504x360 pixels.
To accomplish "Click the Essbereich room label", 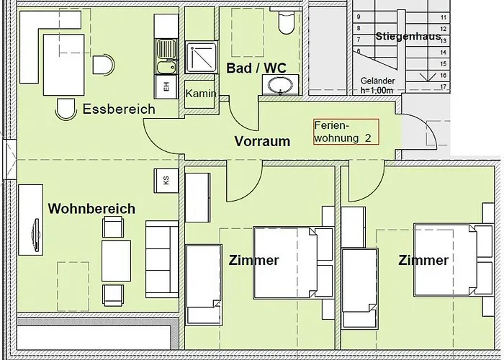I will [x=119, y=109].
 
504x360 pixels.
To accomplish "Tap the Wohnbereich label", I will [x=91, y=209].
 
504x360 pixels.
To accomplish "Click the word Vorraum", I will [x=262, y=141].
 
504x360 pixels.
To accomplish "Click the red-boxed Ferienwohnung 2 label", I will [x=345, y=132].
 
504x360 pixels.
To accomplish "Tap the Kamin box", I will [x=199, y=94].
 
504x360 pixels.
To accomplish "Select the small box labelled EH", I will [x=166, y=86].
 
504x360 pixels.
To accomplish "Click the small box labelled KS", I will [x=166, y=180].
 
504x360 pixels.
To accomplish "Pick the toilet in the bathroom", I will [x=286, y=24].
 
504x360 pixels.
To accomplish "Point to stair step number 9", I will [x=358, y=17].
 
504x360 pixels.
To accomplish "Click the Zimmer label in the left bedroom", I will [x=253, y=261].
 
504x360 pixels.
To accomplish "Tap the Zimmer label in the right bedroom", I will [x=423, y=261].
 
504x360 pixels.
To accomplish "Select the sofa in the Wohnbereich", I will [x=161, y=259].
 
